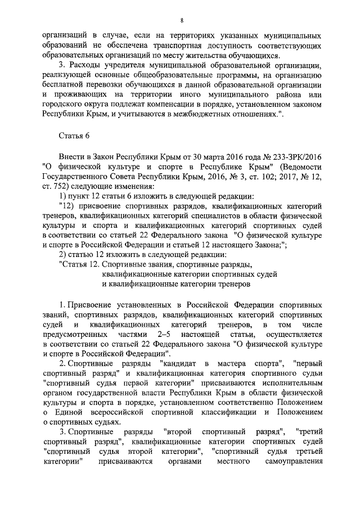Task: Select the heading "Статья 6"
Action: point(74,136)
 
